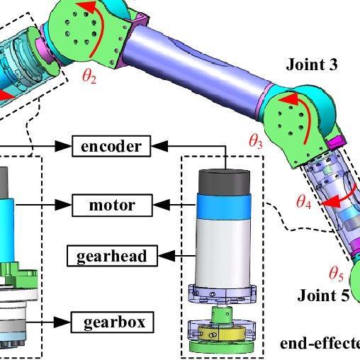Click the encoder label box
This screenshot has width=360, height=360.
[111, 146]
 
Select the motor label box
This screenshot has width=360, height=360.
[112, 205]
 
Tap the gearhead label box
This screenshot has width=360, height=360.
[112, 256]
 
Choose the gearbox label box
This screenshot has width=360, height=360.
[113, 322]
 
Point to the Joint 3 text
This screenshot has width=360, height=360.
[312, 64]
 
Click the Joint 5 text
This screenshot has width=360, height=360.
[323, 296]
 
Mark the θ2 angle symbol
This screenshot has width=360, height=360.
[89, 77]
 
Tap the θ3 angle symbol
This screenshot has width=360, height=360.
[256, 142]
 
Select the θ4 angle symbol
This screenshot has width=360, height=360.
[304, 202]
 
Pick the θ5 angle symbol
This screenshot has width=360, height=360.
[336, 274]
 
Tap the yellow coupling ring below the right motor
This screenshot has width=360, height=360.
[221, 333]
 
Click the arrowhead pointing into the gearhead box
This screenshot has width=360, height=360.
[167, 256]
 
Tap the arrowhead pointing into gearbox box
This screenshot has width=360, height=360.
[62, 322]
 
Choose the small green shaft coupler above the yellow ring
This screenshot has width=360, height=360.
[222, 315]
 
